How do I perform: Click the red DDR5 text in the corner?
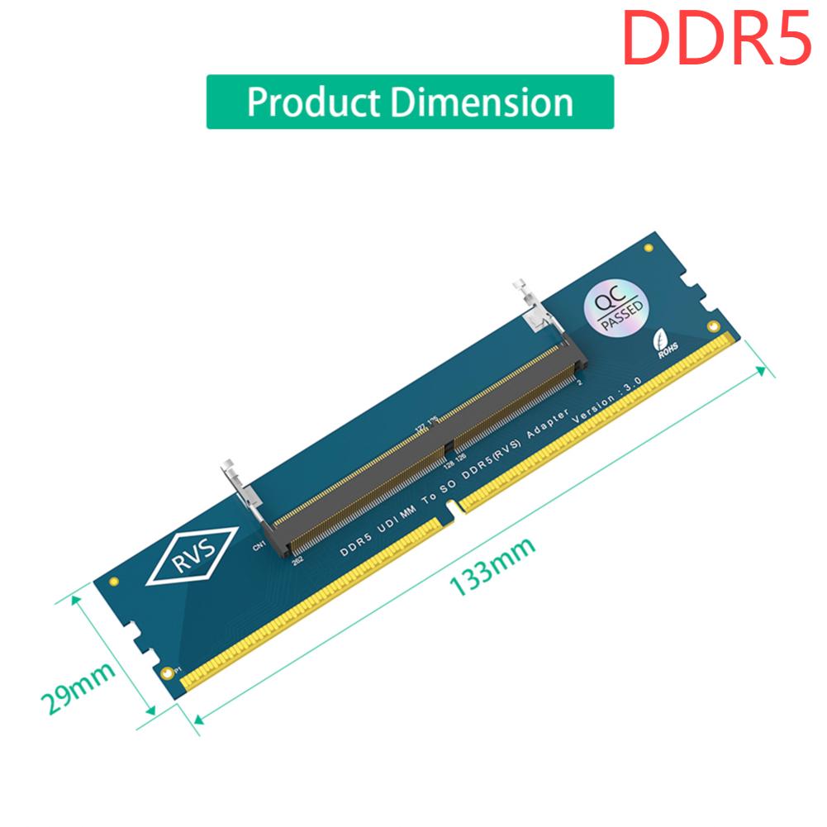(x=715, y=36)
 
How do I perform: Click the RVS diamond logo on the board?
(x=192, y=554)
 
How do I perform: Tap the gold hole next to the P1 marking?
(x=169, y=672)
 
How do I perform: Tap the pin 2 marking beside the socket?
(x=579, y=382)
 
